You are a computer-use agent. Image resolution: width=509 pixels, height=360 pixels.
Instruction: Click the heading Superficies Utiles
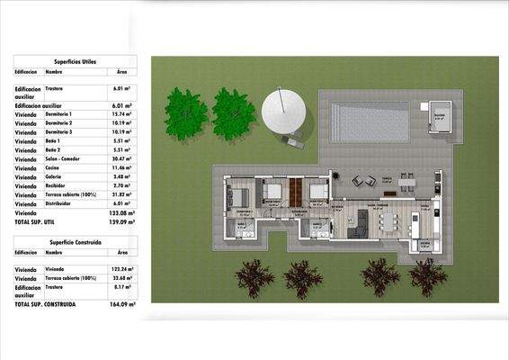[76, 61]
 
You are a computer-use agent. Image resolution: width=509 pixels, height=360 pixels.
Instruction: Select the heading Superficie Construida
[76, 243]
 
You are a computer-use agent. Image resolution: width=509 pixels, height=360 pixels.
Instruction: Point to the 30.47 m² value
[122, 159]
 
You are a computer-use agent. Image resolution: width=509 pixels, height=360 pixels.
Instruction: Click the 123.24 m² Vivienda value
[121, 269]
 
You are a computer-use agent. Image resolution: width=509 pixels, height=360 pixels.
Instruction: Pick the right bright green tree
[234, 113]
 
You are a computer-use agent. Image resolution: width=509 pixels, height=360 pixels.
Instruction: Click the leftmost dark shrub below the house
[255, 278]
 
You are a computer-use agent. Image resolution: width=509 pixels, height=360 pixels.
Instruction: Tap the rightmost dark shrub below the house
[429, 276]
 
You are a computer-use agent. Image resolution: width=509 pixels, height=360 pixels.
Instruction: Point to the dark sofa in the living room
[358, 229]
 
